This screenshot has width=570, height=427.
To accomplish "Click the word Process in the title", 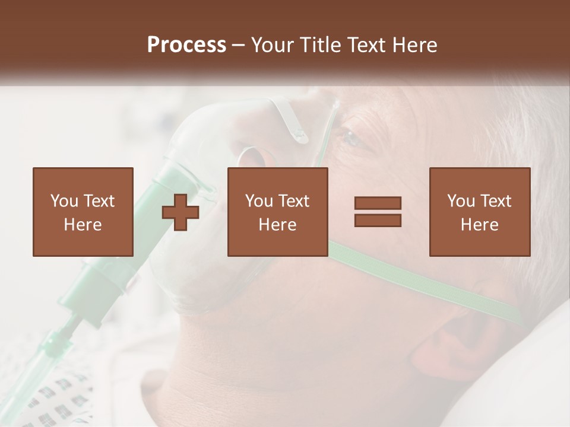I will pos(186,45).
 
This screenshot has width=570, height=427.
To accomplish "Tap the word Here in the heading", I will pos(414,45).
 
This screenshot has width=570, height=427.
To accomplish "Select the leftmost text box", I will pos(83,212).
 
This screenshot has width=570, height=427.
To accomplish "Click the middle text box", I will pos(278,212).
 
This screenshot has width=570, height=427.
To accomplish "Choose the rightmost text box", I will pos(480,212).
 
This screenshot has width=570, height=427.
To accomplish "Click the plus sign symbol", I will pos(180,212).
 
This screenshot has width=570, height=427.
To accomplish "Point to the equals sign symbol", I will pos(378,212).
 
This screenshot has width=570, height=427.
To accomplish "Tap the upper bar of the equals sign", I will pos(378,203).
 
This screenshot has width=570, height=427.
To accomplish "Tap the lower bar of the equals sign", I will pos(378,220).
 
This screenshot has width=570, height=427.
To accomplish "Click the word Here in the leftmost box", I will pos(83,225).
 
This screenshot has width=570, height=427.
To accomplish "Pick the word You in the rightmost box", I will pos(461,201).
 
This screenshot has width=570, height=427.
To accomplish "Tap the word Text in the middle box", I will pos(294,201).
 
